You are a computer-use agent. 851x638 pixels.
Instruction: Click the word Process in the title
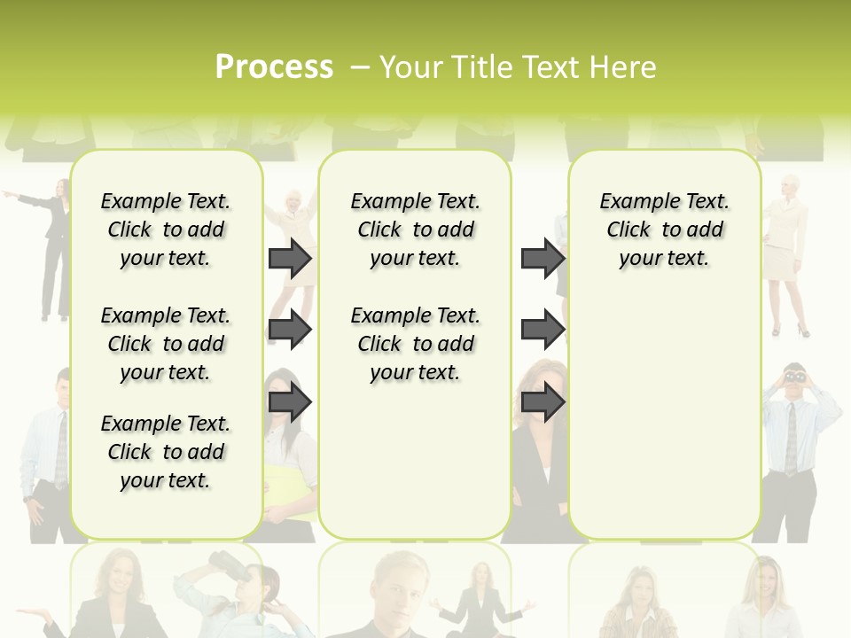pos(274,66)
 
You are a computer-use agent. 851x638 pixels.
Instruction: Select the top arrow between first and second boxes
pos(290,258)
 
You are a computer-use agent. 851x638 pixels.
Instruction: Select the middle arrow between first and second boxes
pos(290,330)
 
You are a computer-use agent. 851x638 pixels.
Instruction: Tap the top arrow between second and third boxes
pos(543,258)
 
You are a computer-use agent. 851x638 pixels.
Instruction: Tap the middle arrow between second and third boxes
pos(543,330)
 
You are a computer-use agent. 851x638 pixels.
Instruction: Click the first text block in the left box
pos(166,230)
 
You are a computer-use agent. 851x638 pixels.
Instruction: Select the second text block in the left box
pos(166,344)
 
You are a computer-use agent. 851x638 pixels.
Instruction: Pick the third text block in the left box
pos(166,452)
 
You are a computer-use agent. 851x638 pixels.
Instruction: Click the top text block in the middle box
pos(415,230)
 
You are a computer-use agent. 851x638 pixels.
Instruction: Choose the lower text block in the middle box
pos(415,344)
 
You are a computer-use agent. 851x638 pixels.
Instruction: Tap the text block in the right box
pos(664,230)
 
